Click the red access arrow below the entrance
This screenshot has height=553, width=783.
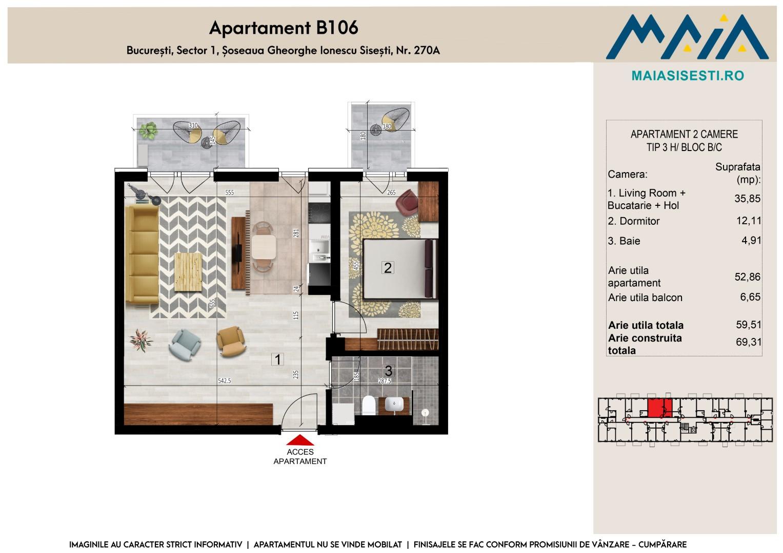pyautogui.click(x=300, y=440)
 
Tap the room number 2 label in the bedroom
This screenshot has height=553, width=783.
pyautogui.click(x=388, y=268)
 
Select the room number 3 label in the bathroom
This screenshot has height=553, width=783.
pyautogui.click(x=388, y=371)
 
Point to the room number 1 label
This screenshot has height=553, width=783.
pyautogui.click(x=277, y=359)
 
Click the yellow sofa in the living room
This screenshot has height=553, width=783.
pyautogui.click(x=142, y=254)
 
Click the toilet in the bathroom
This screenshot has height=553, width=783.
pyautogui.click(x=369, y=406)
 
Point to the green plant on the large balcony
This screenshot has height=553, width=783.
pyautogui.click(x=148, y=131)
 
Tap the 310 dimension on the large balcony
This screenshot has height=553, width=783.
pyautogui.click(x=193, y=125)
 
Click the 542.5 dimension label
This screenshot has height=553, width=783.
pyautogui.click(x=225, y=381)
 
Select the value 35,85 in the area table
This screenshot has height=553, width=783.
pyautogui.click(x=747, y=199)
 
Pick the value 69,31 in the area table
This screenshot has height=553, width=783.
pyautogui.click(x=749, y=342)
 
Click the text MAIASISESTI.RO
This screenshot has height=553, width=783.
pyautogui.click(x=688, y=76)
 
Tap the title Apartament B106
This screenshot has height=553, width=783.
pyautogui.click(x=284, y=28)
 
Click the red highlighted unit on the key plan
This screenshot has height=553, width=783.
pyautogui.click(x=659, y=408)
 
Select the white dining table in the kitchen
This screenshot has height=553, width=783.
pyautogui.click(x=264, y=247)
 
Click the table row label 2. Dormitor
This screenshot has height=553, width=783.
pyautogui.click(x=633, y=221)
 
